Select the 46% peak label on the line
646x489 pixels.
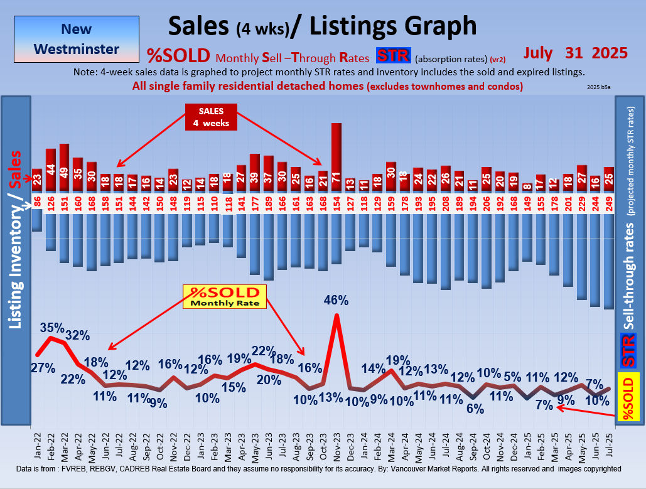click(x=336, y=300)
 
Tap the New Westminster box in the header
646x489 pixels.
click(x=76, y=38)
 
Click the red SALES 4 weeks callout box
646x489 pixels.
click(x=212, y=117)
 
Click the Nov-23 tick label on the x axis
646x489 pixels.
click(x=336, y=446)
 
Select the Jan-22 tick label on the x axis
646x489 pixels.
click(x=37, y=446)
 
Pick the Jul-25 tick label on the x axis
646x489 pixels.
click(x=608, y=446)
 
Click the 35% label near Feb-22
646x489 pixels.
click(x=52, y=328)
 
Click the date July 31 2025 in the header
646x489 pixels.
click(x=576, y=53)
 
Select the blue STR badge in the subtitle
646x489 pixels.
click(x=393, y=56)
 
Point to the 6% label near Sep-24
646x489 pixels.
click(x=475, y=409)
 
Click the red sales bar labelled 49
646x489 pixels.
click(x=64, y=168)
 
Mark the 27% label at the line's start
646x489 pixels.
click(x=43, y=368)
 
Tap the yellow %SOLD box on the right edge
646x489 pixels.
click(x=628, y=397)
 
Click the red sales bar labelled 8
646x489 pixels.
click(x=527, y=187)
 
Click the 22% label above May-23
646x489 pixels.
click(x=264, y=350)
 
